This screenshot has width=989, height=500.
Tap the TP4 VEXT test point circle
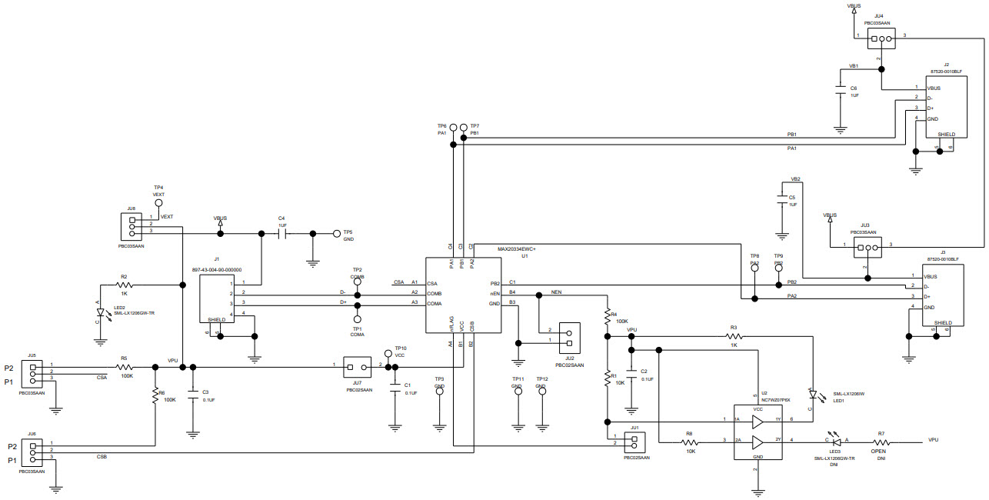point(159,204)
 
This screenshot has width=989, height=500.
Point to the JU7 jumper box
point(357,365)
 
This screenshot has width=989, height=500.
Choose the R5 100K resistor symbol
point(124,367)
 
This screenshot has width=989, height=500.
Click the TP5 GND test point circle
point(336,233)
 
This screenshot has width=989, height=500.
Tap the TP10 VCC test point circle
point(388,356)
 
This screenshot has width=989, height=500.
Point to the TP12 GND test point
point(542,391)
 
